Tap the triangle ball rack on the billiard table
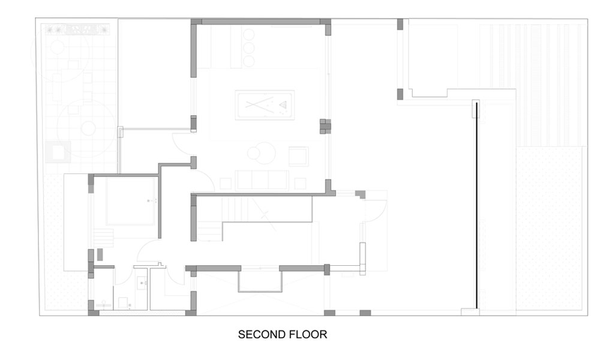pyautogui.click(x=283, y=105)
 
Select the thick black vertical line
pyautogui.click(x=477, y=205)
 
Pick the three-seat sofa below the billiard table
pyautogui.click(x=262, y=180)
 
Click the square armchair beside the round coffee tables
pyautogui.click(x=298, y=157)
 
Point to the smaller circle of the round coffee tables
pyautogui.click(x=254, y=153)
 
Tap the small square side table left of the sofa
pyautogui.click(x=225, y=184)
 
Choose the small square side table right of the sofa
pyautogui.click(x=300, y=184)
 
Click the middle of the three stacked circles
pyautogui.click(x=249, y=48)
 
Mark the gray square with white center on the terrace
pyautogui.click(x=58, y=152)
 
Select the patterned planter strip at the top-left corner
pyautogui.click(x=77, y=29)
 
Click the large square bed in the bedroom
pyautogui.click(x=131, y=201)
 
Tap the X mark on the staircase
pyautogui.click(x=265, y=214)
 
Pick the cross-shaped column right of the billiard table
pyautogui.click(x=325, y=126)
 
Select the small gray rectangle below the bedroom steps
pyautogui.click(x=100, y=254)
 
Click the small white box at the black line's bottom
pyautogui.click(x=470, y=312)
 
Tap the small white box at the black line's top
pyautogui.click(x=476, y=109)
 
